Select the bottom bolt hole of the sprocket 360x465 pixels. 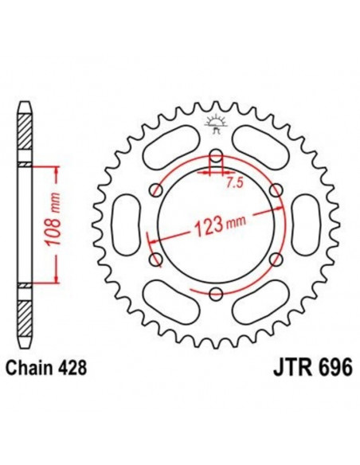coord(213,295)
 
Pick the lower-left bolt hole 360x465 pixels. coord(152,260)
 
